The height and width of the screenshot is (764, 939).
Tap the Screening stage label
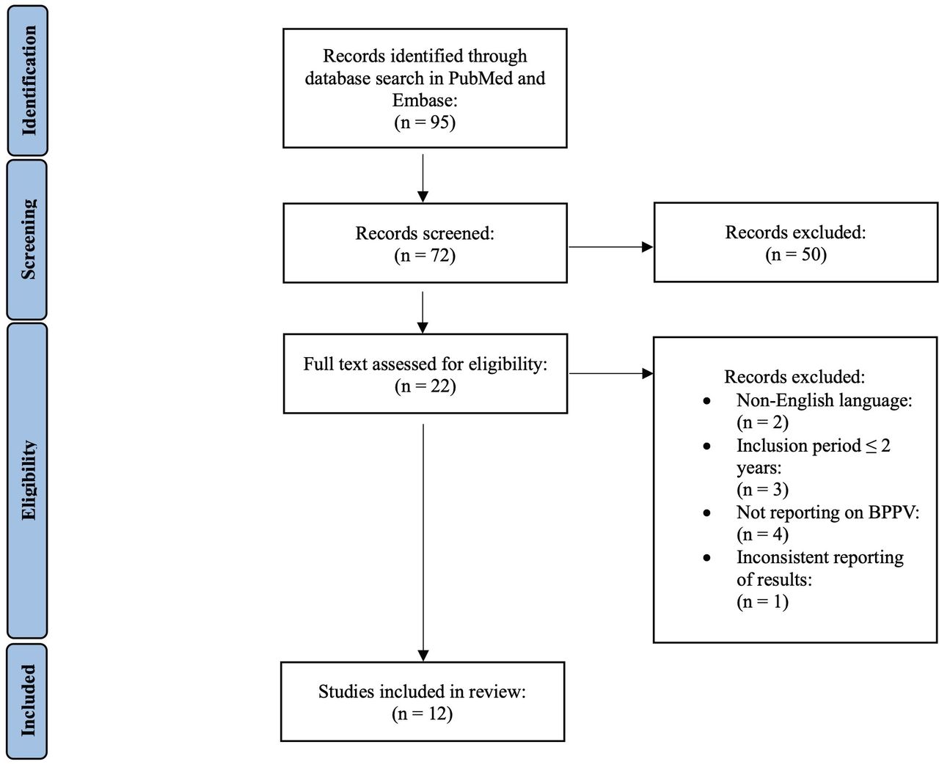[28, 239]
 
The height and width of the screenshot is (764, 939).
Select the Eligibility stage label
[28, 480]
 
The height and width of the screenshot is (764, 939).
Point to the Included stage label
[28, 700]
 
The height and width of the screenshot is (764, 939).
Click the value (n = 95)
[425, 122]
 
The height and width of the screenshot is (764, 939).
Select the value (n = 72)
[425, 256]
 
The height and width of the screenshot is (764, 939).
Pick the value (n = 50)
[795, 254]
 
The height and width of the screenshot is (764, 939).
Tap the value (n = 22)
[425, 386]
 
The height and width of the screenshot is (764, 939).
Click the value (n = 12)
[422, 713]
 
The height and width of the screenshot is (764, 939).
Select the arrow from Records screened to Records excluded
[610, 247]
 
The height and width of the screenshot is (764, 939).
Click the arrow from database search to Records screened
[423, 177]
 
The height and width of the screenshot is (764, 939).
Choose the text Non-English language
[822, 400]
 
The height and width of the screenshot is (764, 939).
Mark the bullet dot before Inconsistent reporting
[706, 558]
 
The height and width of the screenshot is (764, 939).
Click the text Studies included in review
[422, 691]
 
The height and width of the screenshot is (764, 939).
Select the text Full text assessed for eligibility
[425, 364]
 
